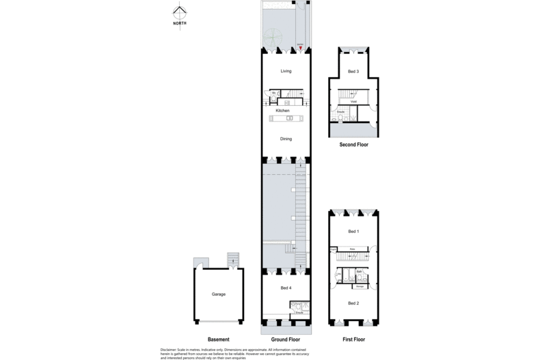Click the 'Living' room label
(286, 71)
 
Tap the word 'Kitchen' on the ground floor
(282, 110)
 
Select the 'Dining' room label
(286, 139)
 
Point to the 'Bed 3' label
(353, 72)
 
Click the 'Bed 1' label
(353, 231)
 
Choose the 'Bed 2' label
(353, 303)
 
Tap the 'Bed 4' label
(286, 288)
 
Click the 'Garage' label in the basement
(218, 294)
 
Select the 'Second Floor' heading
(353, 145)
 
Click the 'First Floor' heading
(353, 340)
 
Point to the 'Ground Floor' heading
(286, 340)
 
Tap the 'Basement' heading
(218, 340)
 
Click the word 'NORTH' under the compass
(179, 23)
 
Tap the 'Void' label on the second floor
(353, 101)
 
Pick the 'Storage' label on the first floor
(359, 286)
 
